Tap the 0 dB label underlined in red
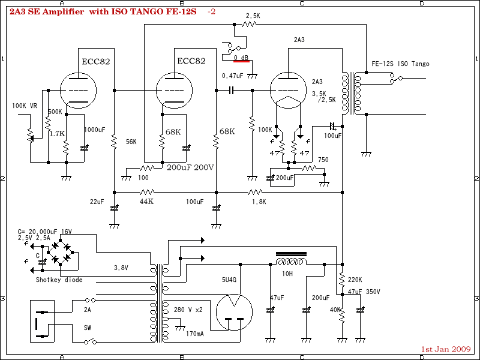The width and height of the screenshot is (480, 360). click(241, 58)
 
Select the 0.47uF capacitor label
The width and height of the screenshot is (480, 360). click(232, 76)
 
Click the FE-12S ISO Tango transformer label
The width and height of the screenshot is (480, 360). click(400, 64)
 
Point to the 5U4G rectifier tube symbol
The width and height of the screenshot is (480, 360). click(232, 312)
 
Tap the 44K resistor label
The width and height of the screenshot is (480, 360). click(146, 202)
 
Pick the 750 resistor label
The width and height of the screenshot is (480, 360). click(323, 160)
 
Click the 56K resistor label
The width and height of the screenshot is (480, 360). click(131, 142)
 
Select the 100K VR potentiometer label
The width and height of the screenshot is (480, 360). click(25, 106)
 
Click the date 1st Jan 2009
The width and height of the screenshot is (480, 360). click(446, 349)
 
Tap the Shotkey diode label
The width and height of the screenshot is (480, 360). click(59, 280)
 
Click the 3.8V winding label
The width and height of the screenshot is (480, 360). click(122, 268)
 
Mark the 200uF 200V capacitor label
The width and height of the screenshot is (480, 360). click(190, 167)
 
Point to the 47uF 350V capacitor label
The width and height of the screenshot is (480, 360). click(364, 292)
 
